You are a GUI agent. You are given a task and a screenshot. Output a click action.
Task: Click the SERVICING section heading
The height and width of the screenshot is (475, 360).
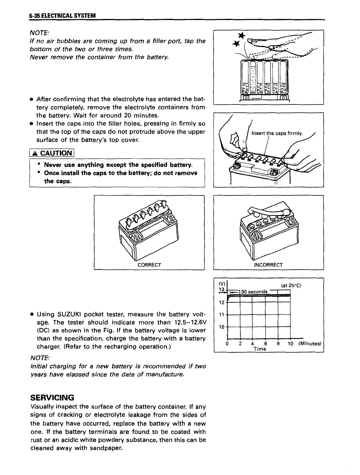point(52,397)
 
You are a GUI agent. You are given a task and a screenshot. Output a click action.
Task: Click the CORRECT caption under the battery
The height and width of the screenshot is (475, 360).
point(149,265)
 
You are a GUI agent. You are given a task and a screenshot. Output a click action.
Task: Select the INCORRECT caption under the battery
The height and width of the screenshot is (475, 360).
point(268,265)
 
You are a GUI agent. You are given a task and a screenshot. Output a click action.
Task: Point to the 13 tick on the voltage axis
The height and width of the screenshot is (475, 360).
point(222,290)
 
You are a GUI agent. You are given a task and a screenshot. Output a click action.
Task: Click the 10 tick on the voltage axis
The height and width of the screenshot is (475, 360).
point(222,327)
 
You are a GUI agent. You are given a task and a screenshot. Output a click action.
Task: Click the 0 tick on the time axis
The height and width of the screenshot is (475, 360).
point(227,343)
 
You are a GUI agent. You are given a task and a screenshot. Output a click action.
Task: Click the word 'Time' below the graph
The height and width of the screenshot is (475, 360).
point(260,349)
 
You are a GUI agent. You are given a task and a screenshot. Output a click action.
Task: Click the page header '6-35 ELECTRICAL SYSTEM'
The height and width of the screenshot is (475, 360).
point(63,16)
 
